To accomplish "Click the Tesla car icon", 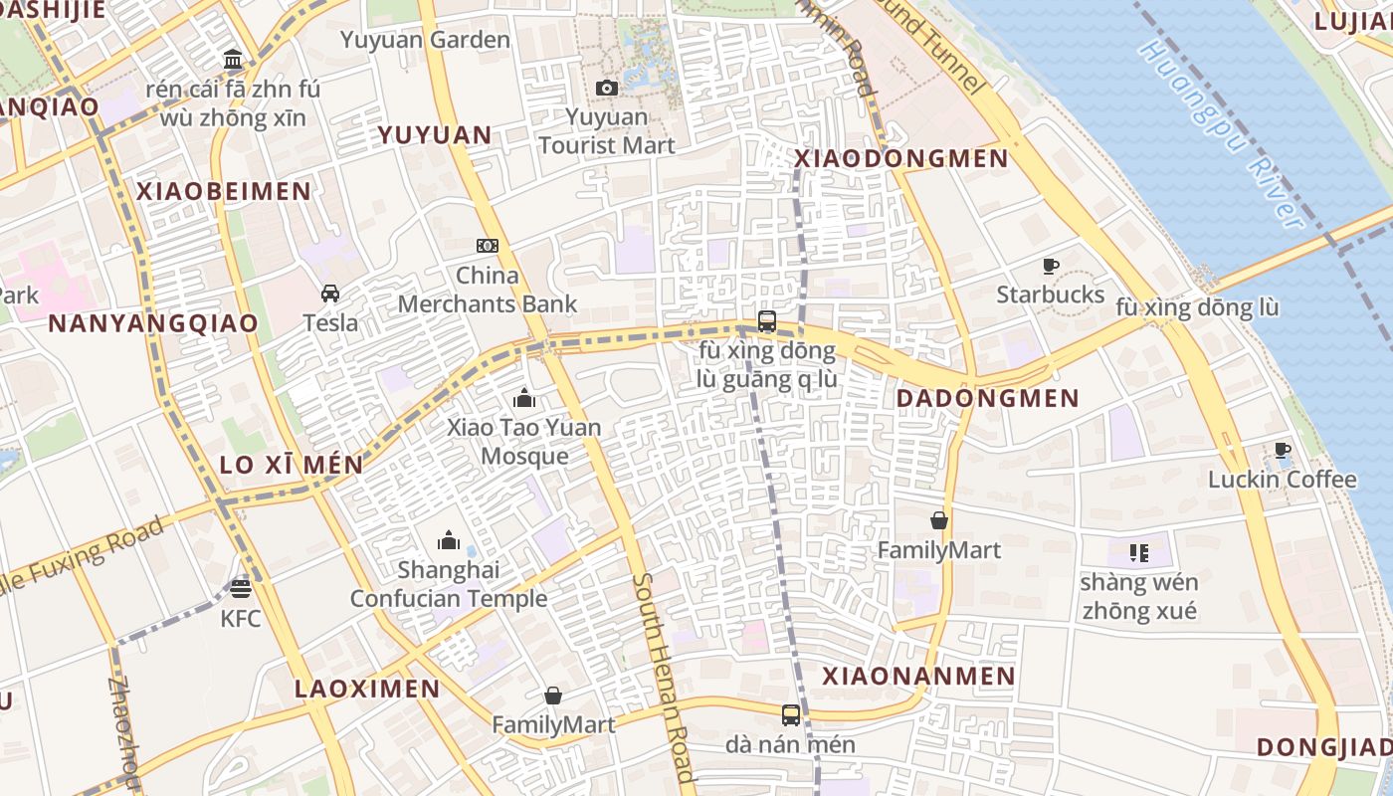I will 330,294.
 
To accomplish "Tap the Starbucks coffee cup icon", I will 1050,266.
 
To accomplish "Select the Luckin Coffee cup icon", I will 1283,451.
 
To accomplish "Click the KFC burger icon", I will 240,588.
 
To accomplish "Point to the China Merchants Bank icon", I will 487,246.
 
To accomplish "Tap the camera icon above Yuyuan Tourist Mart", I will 606,89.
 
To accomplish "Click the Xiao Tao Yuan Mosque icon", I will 524,399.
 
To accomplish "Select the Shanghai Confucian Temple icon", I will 449,540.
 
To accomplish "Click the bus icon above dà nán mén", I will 790,714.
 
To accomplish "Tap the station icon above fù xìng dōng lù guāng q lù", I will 766,320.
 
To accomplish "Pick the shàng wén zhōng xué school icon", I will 1139,552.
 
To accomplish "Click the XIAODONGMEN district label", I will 901,158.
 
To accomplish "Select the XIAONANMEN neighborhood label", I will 918,677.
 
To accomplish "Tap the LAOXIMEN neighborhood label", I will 367,689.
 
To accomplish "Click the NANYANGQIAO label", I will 153,323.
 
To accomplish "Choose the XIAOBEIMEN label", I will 224,192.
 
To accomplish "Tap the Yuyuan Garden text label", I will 425,41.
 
